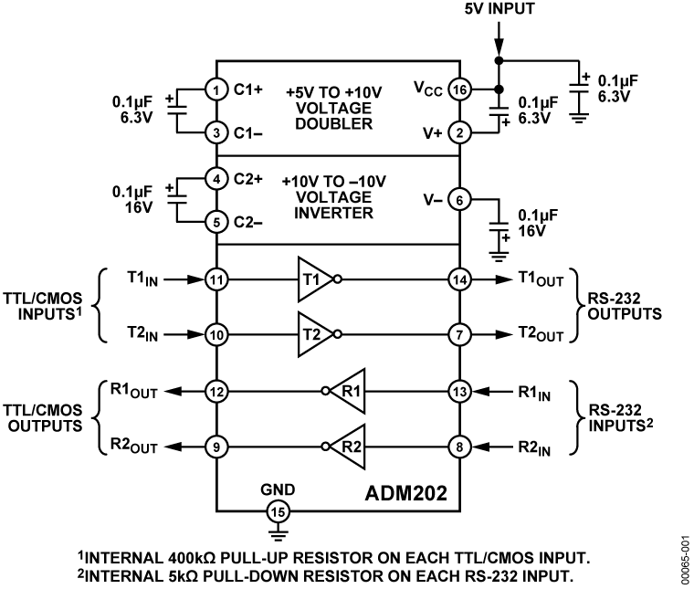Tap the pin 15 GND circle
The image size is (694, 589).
[x=275, y=510]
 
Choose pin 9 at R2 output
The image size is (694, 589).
[x=216, y=447]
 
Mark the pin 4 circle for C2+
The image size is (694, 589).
[x=216, y=179]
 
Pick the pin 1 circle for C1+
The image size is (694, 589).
[x=216, y=90]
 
